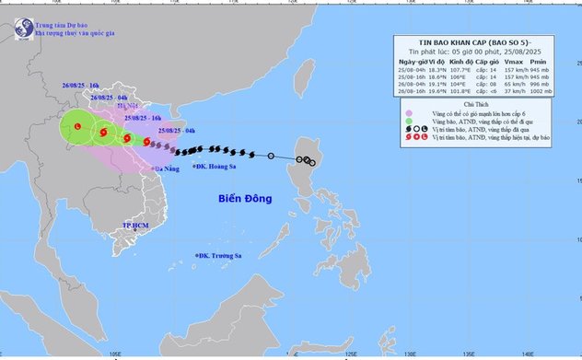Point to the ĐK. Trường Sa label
(219, 256)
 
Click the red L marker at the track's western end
(78, 126)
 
